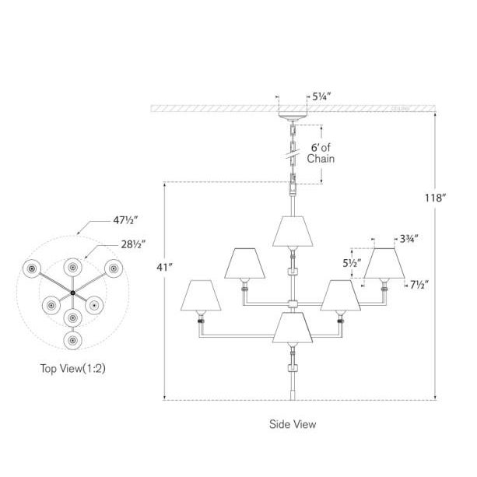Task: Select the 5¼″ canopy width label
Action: point(322,97)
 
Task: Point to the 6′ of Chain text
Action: point(321,153)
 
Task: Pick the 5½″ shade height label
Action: point(352,263)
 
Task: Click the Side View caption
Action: point(293,424)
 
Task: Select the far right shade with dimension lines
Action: point(386,265)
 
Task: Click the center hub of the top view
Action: point(72,293)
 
